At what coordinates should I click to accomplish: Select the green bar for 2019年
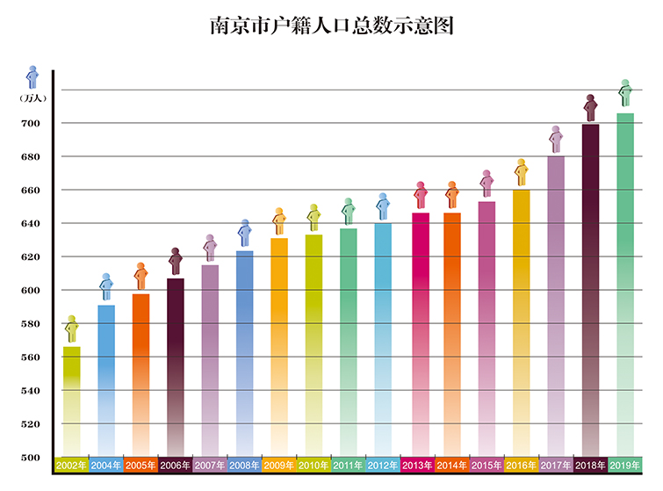click(x=625, y=281)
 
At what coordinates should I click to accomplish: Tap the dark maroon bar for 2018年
click(x=591, y=290)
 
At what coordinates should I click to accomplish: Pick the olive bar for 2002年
click(x=72, y=400)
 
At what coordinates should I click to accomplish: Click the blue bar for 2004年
click(x=106, y=378)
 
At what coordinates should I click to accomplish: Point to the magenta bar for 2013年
click(x=420, y=334)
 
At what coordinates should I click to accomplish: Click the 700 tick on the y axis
click(x=31, y=124)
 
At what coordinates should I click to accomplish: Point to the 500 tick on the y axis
click(x=31, y=458)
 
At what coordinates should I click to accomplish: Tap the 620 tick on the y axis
click(x=31, y=257)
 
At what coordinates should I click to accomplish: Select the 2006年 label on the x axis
click(x=175, y=466)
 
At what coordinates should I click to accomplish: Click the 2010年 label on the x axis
click(x=313, y=466)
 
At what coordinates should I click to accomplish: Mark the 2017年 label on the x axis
click(x=556, y=466)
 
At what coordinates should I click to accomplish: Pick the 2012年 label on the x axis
click(x=383, y=466)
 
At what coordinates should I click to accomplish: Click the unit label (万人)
click(x=32, y=97)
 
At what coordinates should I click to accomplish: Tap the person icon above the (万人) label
click(x=32, y=76)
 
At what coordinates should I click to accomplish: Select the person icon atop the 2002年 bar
click(x=72, y=329)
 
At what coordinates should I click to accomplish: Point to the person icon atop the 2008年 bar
click(x=245, y=233)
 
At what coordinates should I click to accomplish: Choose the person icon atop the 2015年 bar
click(x=486, y=183)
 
